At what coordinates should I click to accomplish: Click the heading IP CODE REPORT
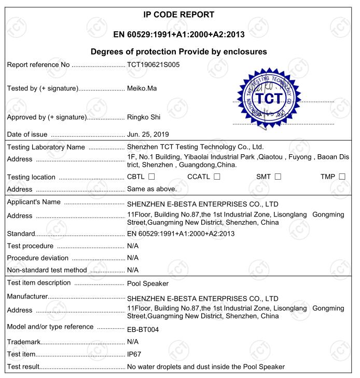178,15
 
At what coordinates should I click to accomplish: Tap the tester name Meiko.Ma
142,88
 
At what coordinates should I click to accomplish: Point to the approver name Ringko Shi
144,116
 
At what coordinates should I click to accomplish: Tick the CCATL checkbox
217,177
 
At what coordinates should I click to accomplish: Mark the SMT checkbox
278,177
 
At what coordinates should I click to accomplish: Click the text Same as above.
152,189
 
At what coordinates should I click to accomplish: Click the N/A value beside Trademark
133,342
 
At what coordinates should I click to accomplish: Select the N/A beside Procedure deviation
133,258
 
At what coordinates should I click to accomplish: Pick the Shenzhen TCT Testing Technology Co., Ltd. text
196,147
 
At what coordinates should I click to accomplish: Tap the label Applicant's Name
33,202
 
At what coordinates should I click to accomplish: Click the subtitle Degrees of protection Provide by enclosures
178,51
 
